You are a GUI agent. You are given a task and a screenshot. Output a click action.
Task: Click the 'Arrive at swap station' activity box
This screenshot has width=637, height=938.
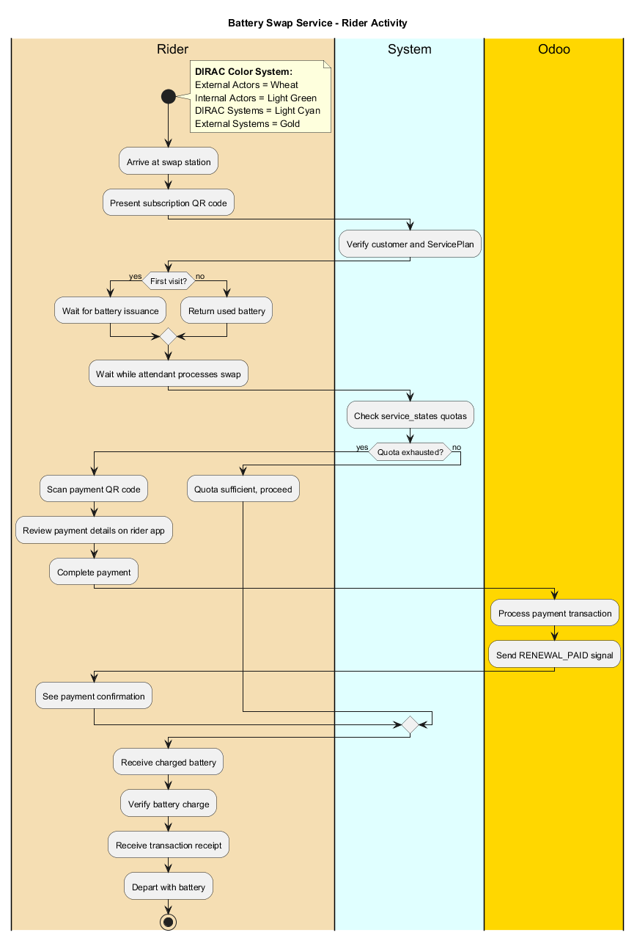[x=169, y=161]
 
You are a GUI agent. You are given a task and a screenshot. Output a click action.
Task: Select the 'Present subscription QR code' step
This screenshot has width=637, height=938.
[x=169, y=203]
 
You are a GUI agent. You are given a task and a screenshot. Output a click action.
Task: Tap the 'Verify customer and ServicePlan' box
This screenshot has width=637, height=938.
[x=410, y=244]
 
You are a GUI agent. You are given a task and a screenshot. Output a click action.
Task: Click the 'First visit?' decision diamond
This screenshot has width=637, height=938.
[x=169, y=280]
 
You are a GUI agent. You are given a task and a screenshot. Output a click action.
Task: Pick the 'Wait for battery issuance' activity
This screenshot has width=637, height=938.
[x=110, y=310]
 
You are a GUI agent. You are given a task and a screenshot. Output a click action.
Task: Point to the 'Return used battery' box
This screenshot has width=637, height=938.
[x=227, y=310]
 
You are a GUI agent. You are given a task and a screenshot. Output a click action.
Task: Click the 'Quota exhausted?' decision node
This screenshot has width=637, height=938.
[x=410, y=452]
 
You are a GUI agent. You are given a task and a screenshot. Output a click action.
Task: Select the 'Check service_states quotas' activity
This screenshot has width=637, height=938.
[x=410, y=416]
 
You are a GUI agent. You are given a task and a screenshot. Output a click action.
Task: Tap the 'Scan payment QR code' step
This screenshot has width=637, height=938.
[x=94, y=489]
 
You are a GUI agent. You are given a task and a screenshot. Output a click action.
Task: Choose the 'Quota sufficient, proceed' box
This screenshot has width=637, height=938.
[x=243, y=489]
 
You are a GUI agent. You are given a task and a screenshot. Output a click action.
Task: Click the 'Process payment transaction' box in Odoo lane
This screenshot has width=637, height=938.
[x=554, y=613]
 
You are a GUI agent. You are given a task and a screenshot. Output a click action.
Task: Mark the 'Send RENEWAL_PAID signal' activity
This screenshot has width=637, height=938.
[x=554, y=655]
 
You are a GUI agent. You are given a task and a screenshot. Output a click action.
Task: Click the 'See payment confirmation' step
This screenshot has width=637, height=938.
[x=94, y=696]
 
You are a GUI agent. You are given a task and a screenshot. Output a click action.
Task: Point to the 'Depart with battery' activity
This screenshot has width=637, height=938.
[x=169, y=887]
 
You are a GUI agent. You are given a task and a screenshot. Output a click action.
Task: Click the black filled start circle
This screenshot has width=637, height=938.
[x=169, y=96]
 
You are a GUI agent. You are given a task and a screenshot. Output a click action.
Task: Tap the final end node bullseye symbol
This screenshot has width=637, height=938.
[x=169, y=921]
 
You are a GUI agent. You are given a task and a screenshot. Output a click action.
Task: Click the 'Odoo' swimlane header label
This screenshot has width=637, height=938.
[x=554, y=50]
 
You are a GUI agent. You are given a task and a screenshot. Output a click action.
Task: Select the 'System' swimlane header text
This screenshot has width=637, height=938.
[x=410, y=50]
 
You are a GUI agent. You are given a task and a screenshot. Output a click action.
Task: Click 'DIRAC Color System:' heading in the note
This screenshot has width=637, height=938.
[x=243, y=72]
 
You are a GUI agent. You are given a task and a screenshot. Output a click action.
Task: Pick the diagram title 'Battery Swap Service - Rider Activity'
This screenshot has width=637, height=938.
[x=317, y=23]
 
